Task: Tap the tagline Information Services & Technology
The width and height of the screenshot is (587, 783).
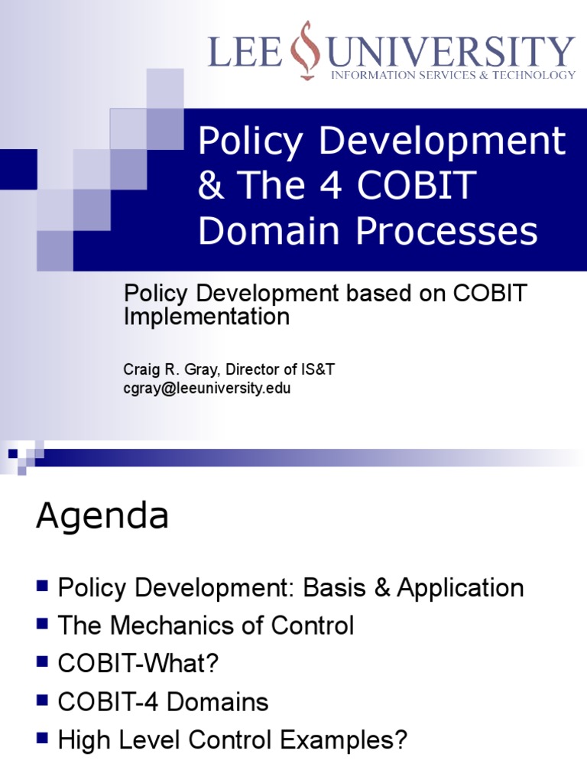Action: click(x=452, y=75)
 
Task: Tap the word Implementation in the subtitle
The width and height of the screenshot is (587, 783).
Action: click(x=206, y=317)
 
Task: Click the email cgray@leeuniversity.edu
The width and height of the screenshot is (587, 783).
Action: click(x=207, y=388)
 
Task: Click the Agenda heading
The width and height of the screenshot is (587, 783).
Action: click(x=102, y=516)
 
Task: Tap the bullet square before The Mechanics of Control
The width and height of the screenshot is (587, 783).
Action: click(x=42, y=625)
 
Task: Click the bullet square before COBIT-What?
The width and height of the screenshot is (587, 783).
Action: click(x=42, y=663)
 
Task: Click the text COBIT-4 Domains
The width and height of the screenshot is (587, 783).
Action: click(x=163, y=702)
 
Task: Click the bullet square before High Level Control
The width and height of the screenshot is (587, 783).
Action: click(x=42, y=739)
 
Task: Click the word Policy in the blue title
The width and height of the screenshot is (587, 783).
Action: click(x=242, y=141)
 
